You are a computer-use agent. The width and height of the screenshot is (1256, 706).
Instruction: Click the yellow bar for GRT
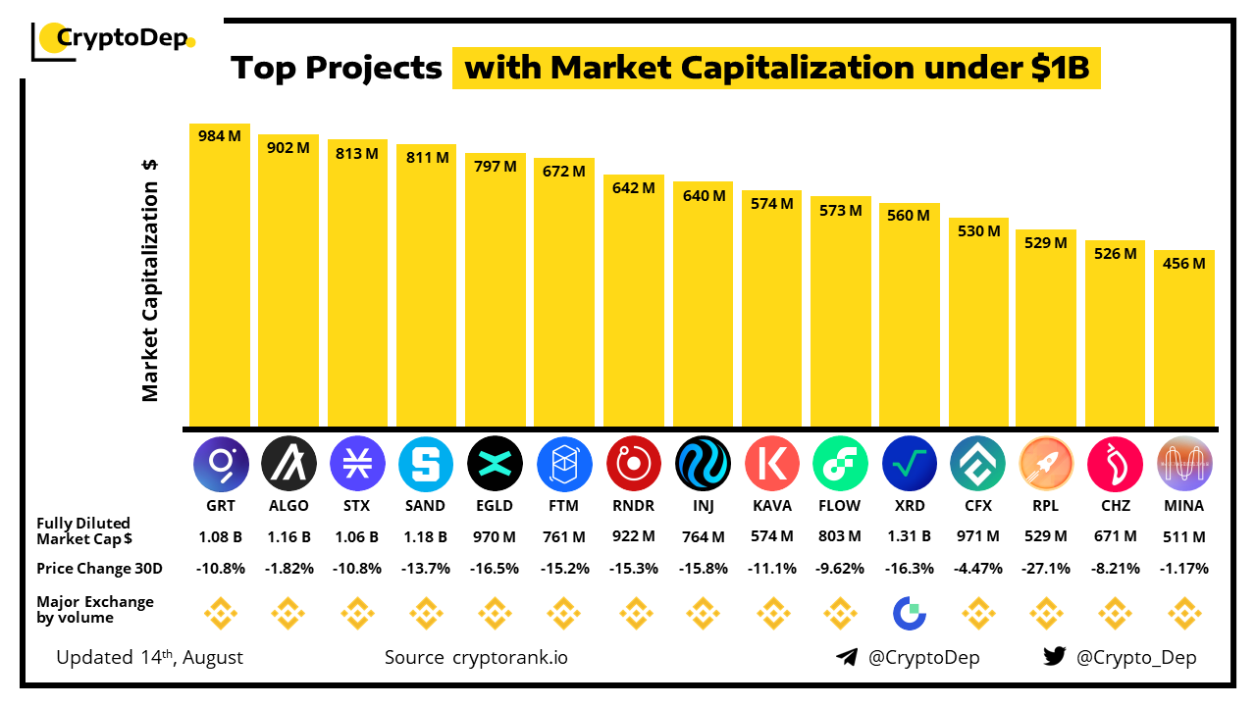point(220,284)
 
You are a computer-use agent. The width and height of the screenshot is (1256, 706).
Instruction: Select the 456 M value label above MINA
point(1183,263)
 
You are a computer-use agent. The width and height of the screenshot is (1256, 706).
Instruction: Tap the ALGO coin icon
point(288,464)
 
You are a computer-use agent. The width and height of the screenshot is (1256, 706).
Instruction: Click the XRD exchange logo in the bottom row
point(909,615)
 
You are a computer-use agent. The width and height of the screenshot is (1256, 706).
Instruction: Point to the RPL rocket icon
point(1046,464)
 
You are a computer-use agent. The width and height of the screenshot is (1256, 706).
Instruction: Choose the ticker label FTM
point(563,506)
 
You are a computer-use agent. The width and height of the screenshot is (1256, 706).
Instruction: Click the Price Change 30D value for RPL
point(1046,568)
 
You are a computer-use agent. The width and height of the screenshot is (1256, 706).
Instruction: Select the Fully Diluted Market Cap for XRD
point(909,537)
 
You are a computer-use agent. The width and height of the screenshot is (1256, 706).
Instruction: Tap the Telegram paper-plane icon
point(847,657)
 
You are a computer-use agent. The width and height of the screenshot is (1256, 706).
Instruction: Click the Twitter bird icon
point(1054,657)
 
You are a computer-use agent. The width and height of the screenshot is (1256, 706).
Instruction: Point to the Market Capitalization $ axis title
point(150,279)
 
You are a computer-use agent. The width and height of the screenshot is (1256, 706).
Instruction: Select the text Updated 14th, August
point(149,657)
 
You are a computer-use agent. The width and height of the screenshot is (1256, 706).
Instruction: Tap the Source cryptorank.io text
point(475,657)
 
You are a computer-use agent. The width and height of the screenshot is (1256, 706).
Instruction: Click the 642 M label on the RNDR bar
point(633,187)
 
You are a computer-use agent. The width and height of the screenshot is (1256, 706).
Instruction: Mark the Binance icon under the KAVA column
point(771,615)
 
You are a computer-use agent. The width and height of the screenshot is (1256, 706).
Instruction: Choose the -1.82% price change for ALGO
point(288,568)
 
